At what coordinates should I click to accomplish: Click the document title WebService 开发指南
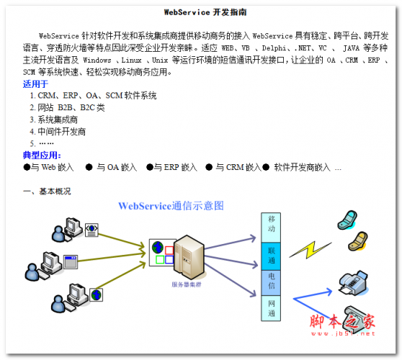(x=205, y=12)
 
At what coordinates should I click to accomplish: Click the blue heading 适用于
(x=35, y=84)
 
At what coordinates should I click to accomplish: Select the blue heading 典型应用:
(x=42, y=155)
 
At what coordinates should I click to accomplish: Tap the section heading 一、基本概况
(x=47, y=191)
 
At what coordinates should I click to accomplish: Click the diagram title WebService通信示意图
(x=171, y=206)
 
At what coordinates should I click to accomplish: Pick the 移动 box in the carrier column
(x=271, y=228)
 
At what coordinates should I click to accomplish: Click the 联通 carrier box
(x=271, y=256)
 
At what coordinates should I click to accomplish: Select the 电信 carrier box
(x=271, y=283)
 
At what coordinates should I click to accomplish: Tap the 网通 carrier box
(x=271, y=308)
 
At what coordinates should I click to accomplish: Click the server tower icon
(x=189, y=257)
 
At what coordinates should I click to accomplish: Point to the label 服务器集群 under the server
(x=187, y=284)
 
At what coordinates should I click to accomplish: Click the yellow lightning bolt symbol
(x=311, y=250)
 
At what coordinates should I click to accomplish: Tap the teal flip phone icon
(x=347, y=220)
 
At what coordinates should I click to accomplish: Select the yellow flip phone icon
(x=358, y=241)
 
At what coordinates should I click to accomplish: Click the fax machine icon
(x=353, y=283)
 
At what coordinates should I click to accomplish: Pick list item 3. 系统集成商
(x=53, y=120)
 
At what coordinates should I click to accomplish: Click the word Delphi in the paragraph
(x=274, y=48)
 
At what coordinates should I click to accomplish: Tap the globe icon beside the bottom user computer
(x=97, y=294)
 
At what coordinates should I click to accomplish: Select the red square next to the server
(x=169, y=250)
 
